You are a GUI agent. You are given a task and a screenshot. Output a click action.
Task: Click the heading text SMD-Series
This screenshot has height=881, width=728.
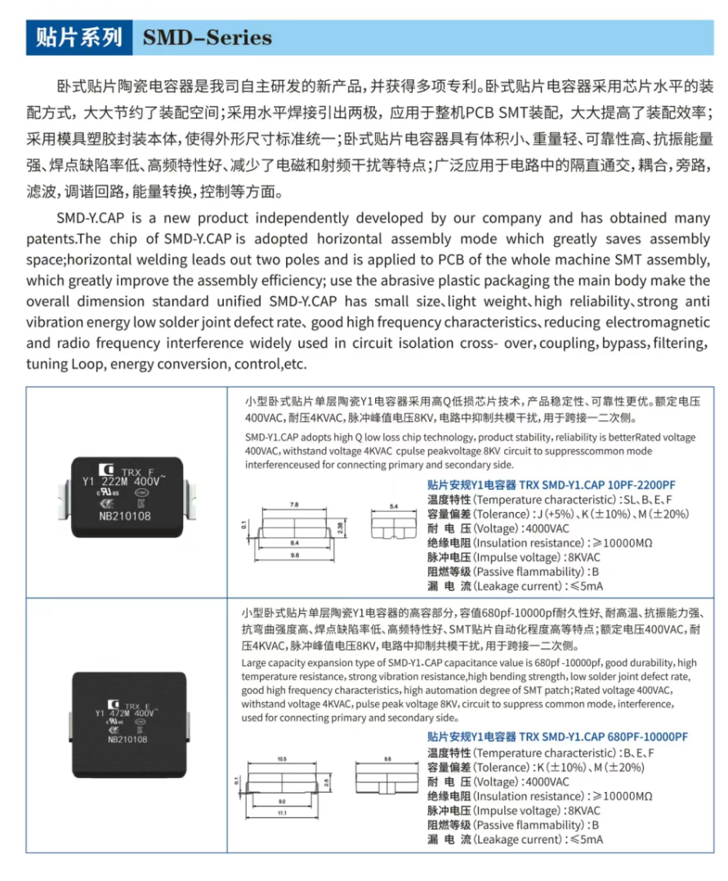coord(207,38)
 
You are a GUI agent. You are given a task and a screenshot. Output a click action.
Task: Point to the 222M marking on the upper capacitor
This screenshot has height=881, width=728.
coord(120,482)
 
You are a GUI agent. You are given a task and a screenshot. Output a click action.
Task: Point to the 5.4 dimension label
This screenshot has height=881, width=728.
coord(393,507)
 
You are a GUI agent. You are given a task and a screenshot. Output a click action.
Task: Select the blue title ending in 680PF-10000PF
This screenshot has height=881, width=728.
coord(557,737)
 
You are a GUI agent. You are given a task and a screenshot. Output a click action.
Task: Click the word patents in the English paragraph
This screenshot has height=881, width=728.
coord(51,239)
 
